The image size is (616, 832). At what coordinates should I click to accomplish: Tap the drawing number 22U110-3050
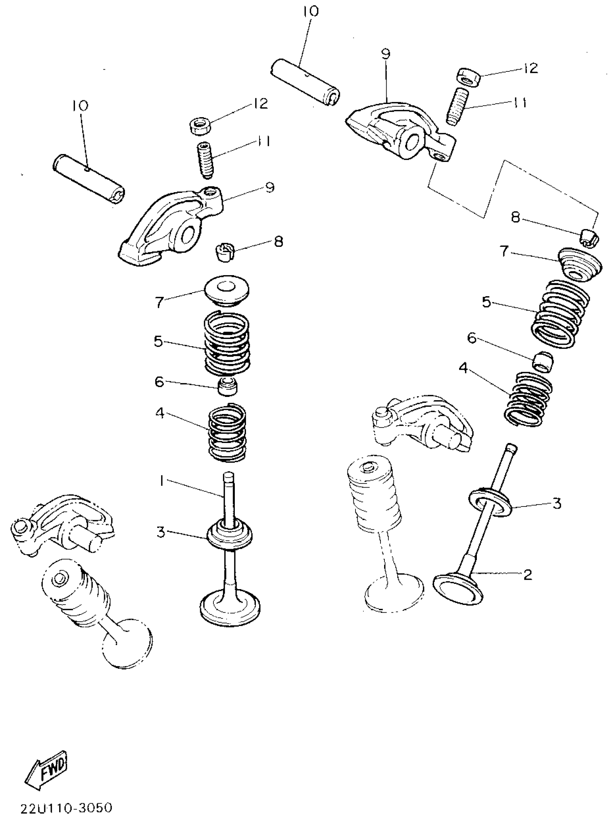click(66, 807)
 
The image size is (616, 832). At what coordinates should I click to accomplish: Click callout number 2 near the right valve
click(527, 575)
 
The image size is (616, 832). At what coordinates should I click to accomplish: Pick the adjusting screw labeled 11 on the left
click(205, 161)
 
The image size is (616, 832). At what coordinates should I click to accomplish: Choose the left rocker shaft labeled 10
click(89, 178)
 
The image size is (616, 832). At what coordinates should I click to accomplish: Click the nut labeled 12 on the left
click(200, 126)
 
